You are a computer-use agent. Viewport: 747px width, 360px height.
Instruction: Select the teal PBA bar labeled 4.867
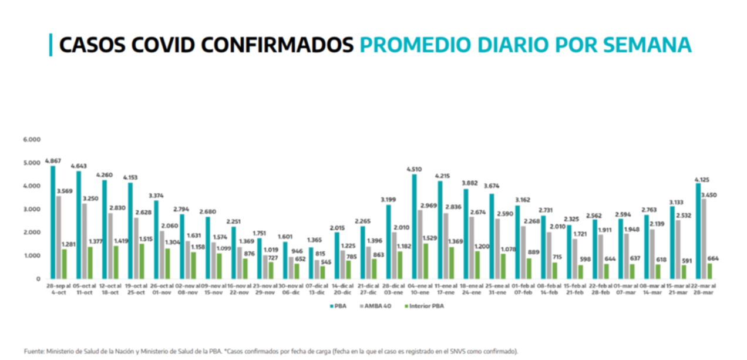(x=52, y=222)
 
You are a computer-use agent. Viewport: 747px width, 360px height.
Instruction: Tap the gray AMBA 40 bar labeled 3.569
(x=58, y=237)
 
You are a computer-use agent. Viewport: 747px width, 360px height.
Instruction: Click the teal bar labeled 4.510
(x=414, y=226)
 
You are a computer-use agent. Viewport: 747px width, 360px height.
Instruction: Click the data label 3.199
(x=388, y=200)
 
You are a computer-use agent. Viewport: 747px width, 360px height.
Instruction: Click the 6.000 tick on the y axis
(x=32, y=139)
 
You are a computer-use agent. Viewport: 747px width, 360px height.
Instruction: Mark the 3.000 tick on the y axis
(x=32, y=209)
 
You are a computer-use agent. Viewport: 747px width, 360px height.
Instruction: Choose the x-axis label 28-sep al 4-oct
(x=58, y=288)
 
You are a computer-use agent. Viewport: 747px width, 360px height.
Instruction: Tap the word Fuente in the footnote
(x=34, y=351)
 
